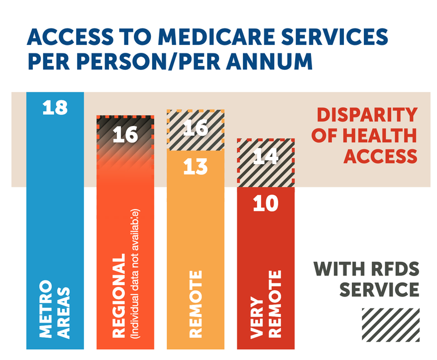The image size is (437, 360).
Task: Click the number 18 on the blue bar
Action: pyautogui.click(x=55, y=108)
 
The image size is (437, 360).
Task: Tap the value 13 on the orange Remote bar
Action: pyautogui.click(x=195, y=168)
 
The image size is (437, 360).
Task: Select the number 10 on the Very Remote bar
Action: pyautogui.click(x=265, y=203)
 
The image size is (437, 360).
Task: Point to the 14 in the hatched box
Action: pyautogui.click(x=265, y=157)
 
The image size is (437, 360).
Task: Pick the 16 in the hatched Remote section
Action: pyautogui.click(x=195, y=128)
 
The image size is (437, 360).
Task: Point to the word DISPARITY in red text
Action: pyautogui.click(x=367, y=115)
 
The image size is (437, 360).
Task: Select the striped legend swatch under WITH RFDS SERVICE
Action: pyautogui.click(x=390, y=325)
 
